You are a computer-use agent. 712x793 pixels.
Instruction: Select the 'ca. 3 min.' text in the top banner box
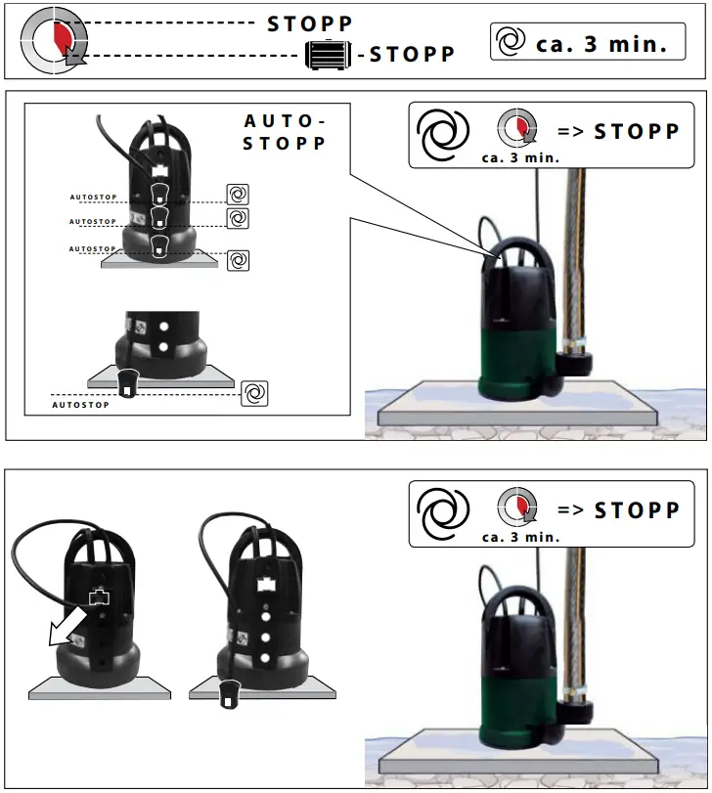(x=601, y=44)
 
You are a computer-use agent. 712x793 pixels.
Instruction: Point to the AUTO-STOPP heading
(x=284, y=132)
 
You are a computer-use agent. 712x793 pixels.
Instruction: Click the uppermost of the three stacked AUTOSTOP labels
(x=93, y=198)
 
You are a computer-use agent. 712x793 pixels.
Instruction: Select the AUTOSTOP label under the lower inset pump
(x=80, y=404)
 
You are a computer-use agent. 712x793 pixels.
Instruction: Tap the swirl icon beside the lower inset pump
(x=253, y=393)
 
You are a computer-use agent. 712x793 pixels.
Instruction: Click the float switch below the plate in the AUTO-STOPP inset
(x=128, y=382)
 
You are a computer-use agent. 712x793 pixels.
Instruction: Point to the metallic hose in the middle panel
(x=572, y=254)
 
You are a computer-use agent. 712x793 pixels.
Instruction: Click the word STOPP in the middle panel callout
(x=637, y=131)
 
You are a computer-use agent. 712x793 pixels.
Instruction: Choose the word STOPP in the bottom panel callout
(x=637, y=510)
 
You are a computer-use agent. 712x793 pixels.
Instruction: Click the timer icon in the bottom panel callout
(x=517, y=507)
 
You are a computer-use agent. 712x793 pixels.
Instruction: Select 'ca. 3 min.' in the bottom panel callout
(x=520, y=537)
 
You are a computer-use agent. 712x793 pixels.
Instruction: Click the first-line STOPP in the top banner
(x=310, y=23)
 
